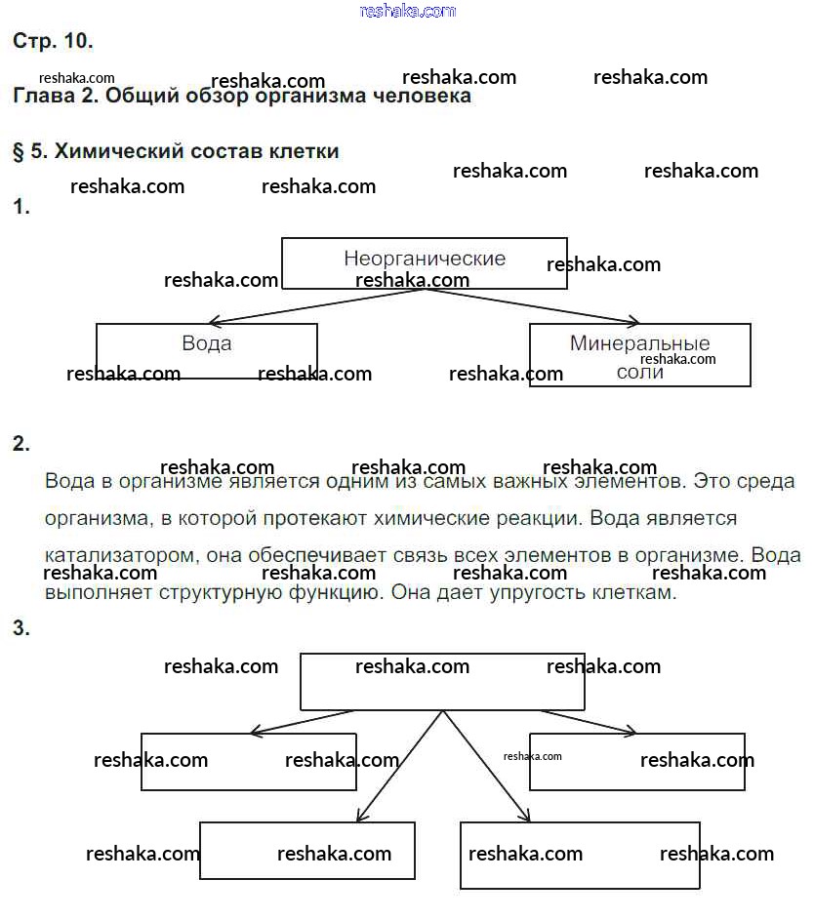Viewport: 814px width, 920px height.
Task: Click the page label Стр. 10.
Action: [53, 41]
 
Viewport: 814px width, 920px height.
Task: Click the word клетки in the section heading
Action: [306, 152]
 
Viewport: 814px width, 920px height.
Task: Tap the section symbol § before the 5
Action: [19, 152]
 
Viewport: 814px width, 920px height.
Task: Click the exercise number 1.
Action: [20, 207]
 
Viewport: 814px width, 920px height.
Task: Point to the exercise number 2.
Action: [20, 444]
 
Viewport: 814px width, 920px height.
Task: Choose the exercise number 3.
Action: [20, 629]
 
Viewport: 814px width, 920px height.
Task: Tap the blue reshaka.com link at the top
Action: [407, 11]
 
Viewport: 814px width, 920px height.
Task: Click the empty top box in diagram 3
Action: [441, 681]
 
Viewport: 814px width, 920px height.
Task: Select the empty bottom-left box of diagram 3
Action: [306, 850]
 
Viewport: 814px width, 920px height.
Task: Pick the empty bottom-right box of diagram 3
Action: [580, 855]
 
